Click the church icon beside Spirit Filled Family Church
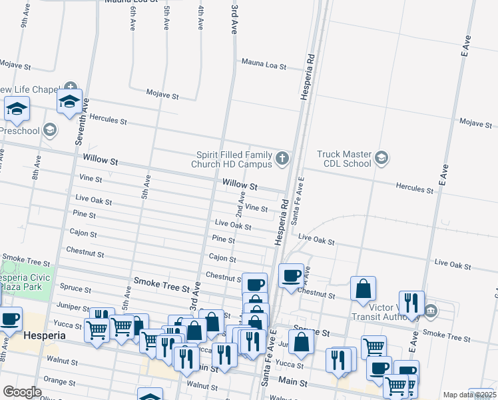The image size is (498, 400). coord(282,159)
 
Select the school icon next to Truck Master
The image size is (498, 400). coord(381,158)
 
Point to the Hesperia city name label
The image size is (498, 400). coord(45,335)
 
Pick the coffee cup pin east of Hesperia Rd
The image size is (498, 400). coord(290,275)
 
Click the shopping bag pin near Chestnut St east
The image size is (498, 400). coord(363,289)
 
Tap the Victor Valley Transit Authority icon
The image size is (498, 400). coord(431,310)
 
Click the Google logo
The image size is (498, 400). coord(22,392)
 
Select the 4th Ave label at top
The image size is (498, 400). coord(200,17)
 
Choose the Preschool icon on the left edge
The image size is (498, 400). coord(49,130)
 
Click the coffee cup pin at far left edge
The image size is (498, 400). coord(9,319)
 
